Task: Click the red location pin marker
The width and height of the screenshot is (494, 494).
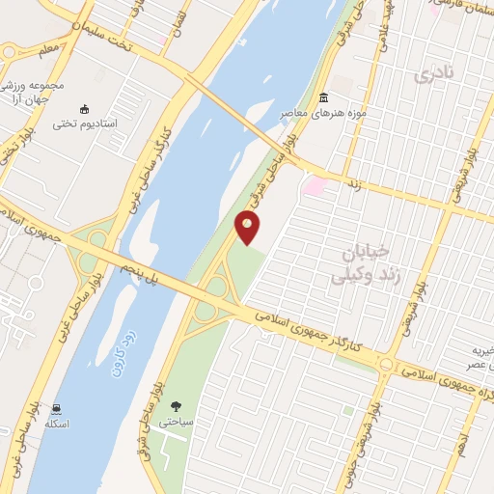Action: (247, 228)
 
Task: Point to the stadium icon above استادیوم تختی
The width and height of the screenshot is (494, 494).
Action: (84, 109)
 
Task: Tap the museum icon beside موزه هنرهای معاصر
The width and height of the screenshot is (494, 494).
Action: (322, 98)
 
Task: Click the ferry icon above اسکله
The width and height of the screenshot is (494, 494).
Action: (58, 409)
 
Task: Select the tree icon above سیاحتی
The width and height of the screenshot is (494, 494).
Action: (176, 407)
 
